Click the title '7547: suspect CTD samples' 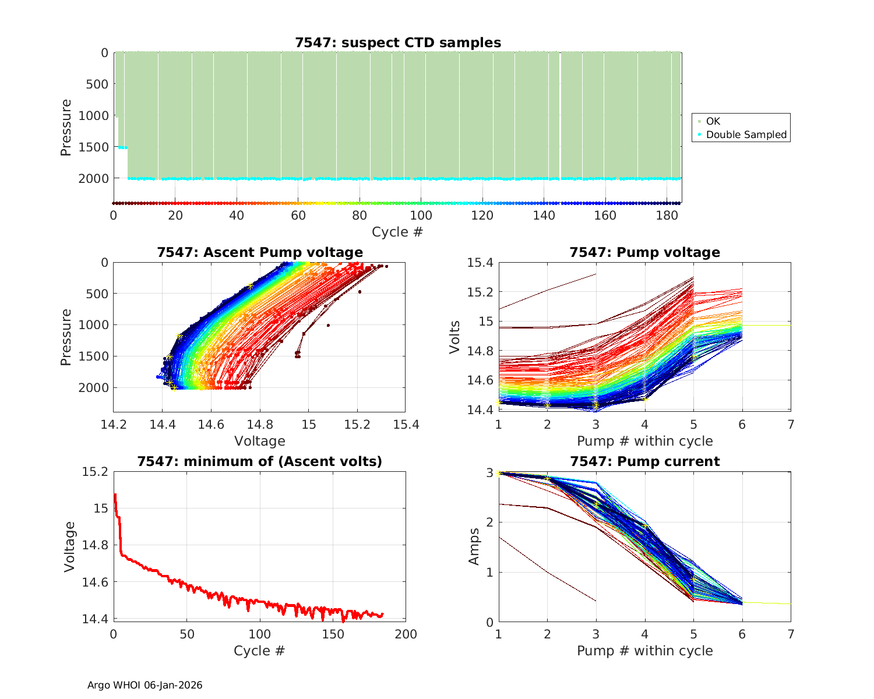click(x=398, y=43)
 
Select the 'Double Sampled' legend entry click(x=746, y=135)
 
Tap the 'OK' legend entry click(x=713, y=121)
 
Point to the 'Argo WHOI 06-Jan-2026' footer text click(x=145, y=685)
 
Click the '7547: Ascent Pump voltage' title click(x=260, y=252)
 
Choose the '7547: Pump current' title click(x=645, y=461)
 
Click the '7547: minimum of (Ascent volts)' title click(x=260, y=461)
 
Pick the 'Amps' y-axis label click(x=474, y=546)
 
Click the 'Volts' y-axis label click(x=455, y=337)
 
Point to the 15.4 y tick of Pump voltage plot click(x=480, y=263)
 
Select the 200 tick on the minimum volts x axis click(x=406, y=634)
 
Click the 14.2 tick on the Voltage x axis click(x=114, y=425)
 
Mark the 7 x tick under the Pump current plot click(x=791, y=634)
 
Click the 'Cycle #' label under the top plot click(x=397, y=232)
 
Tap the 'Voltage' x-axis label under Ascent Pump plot click(x=260, y=441)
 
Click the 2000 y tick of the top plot click(x=93, y=178)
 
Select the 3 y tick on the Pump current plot click(x=489, y=472)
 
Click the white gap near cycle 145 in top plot click(x=560, y=116)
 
